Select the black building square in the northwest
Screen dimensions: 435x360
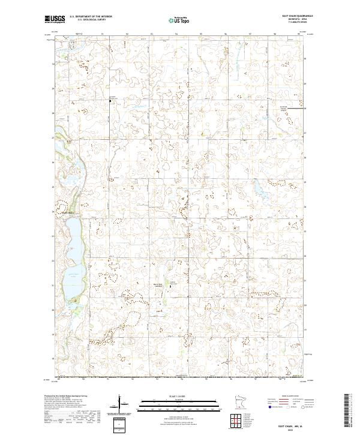click(110, 101)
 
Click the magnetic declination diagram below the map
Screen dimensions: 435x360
click(121, 404)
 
